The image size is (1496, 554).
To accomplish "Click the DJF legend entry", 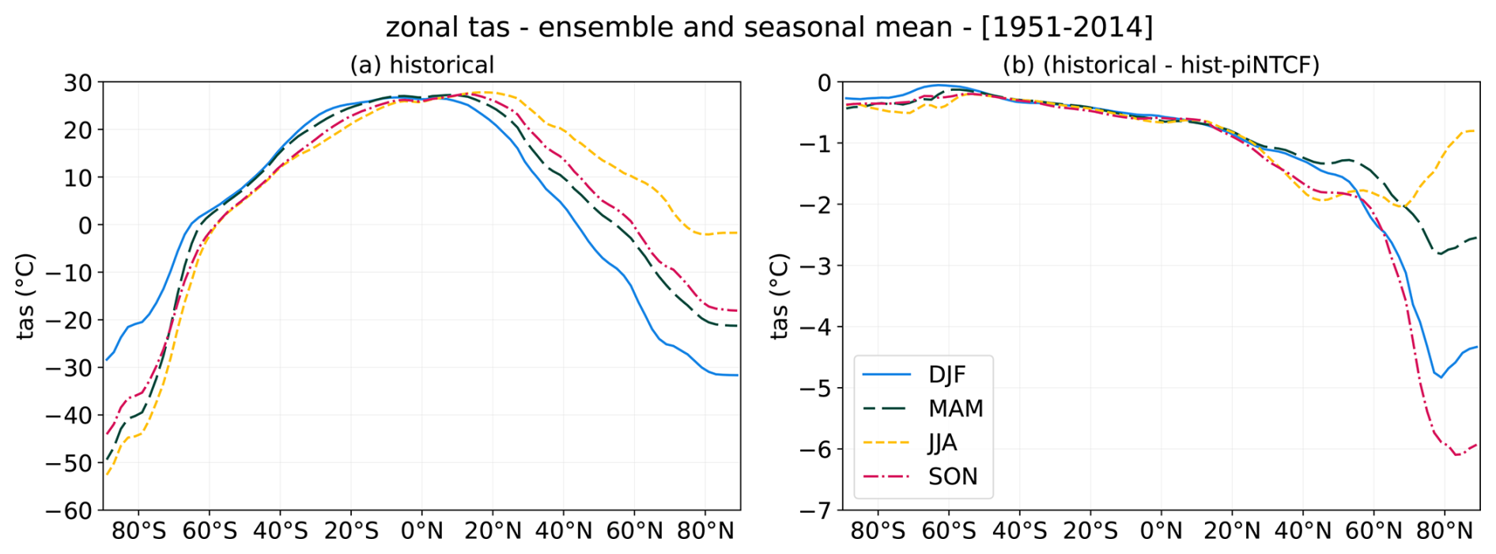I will [x=946, y=374].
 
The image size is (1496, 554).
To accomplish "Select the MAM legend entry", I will [x=955, y=408].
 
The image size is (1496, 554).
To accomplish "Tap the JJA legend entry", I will [x=942, y=442].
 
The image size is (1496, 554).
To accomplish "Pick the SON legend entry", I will [x=953, y=476].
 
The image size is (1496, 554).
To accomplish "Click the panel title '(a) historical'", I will [x=421, y=65].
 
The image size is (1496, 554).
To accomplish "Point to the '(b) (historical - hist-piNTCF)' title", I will [x=1161, y=65].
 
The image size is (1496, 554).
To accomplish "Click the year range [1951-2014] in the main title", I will [x=1067, y=28].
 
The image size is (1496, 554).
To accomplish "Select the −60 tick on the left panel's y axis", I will [x=70, y=510].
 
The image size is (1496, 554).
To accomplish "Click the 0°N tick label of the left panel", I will [x=421, y=531].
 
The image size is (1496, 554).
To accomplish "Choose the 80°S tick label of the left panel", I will [x=138, y=531].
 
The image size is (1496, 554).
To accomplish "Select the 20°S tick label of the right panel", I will [x=1090, y=531].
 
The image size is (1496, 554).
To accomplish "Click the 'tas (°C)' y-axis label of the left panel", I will [x=26, y=296].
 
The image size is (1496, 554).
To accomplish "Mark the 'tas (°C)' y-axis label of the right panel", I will [x=780, y=296].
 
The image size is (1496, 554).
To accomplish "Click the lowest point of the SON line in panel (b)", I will [x=1456, y=455].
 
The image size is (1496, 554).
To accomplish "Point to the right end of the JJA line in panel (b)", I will [x=1476, y=131].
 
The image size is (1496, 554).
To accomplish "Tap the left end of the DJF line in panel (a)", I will [x=106, y=360].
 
